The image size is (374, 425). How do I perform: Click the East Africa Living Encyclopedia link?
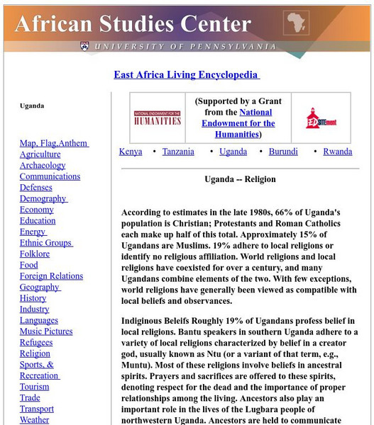pos(187,75)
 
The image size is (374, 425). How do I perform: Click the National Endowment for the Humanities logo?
pos(157,118)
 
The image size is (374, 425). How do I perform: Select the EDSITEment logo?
pos(316,118)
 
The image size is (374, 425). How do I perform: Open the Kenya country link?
pos(131,152)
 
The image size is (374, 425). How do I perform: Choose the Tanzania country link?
pos(177,152)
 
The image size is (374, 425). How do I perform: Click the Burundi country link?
pos(283,152)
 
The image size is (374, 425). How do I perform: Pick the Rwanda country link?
pos(337,152)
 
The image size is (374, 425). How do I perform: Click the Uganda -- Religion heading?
pos(240,180)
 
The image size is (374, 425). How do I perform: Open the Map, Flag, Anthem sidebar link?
pos(53,143)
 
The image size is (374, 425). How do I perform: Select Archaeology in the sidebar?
pos(43,166)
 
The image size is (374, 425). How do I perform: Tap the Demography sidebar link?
pos(43,199)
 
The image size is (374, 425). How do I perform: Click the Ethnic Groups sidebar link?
pos(45,243)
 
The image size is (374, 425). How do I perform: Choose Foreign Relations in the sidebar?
pos(51,276)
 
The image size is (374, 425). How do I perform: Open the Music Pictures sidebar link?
pos(46,331)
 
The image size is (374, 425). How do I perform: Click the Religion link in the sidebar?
pos(35,353)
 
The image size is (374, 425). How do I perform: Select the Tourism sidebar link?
pos(35,387)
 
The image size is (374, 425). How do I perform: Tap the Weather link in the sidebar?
pos(35,420)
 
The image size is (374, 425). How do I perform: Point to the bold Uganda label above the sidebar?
pos(32,106)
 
